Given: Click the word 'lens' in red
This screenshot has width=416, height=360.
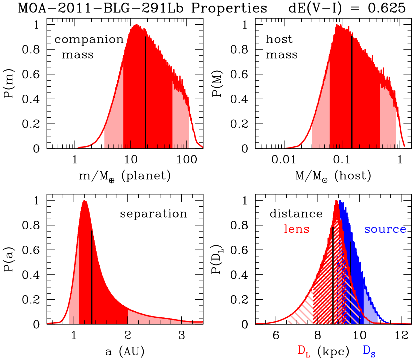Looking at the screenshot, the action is (297, 230).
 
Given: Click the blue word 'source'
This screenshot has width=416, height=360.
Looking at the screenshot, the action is (385, 230).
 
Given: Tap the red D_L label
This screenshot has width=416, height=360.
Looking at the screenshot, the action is (303, 351).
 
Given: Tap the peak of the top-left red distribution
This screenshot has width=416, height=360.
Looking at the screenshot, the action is (136, 25).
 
